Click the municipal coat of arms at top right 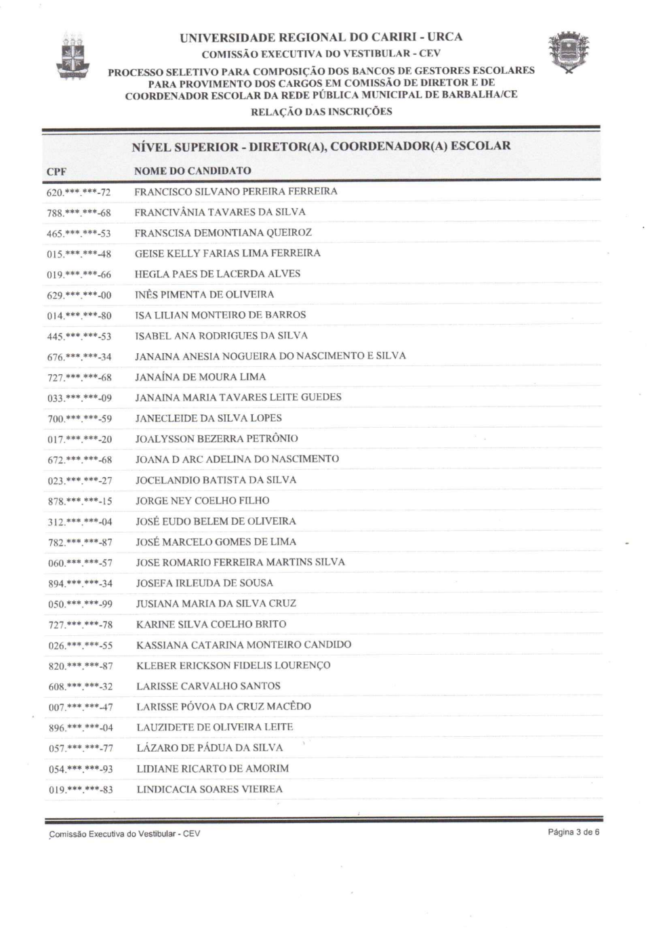[569, 52]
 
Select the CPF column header [56, 172]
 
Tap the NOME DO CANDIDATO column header [193, 171]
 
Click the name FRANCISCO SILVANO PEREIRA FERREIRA [235, 192]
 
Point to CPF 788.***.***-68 [79, 213]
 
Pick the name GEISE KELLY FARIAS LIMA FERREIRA [227, 254]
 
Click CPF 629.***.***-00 [79, 295]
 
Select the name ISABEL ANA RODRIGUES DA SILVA [221, 336]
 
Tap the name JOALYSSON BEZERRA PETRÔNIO [216, 439]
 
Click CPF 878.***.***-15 [80, 501]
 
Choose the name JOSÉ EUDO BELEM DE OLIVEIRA [216, 521]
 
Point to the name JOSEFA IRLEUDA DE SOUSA [204, 583]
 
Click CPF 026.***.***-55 [80, 645]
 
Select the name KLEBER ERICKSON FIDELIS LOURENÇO [233, 666]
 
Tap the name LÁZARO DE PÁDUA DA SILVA [209, 748]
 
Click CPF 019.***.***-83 [81, 790]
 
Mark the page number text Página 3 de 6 [573, 832]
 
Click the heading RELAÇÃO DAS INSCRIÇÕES [321, 112]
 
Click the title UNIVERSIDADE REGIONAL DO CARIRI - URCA [321, 37]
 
